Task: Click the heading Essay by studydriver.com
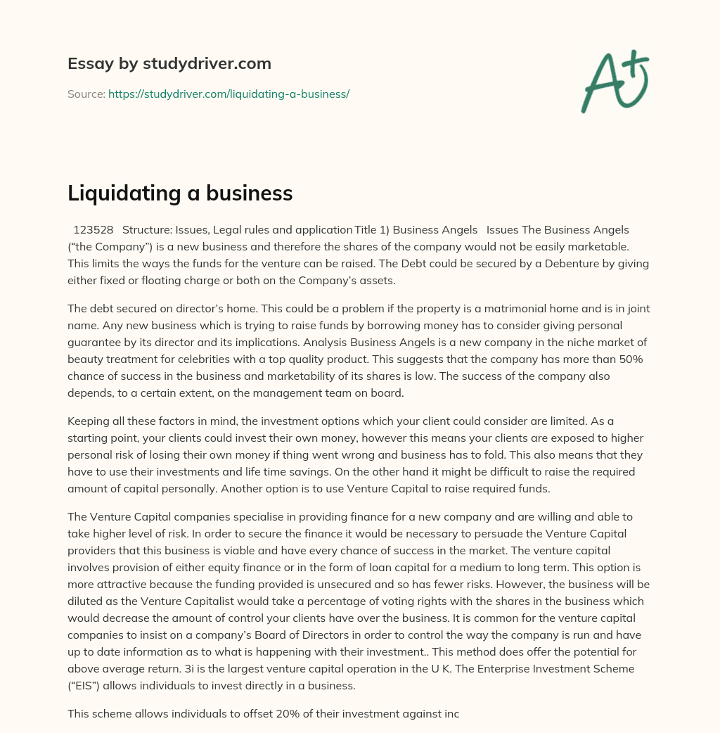(169, 63)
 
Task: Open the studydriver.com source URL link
(229, 94)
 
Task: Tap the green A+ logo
(615, 81)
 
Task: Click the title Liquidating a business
(180, 193)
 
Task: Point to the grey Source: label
(86, 94)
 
